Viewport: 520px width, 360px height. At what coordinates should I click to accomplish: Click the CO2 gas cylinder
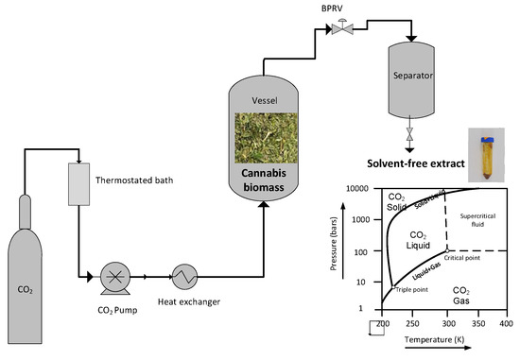pyautogui.click(x=31, y=274)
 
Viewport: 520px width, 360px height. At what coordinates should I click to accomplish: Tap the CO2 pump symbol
pyautogui.click(x=115, y=277)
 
